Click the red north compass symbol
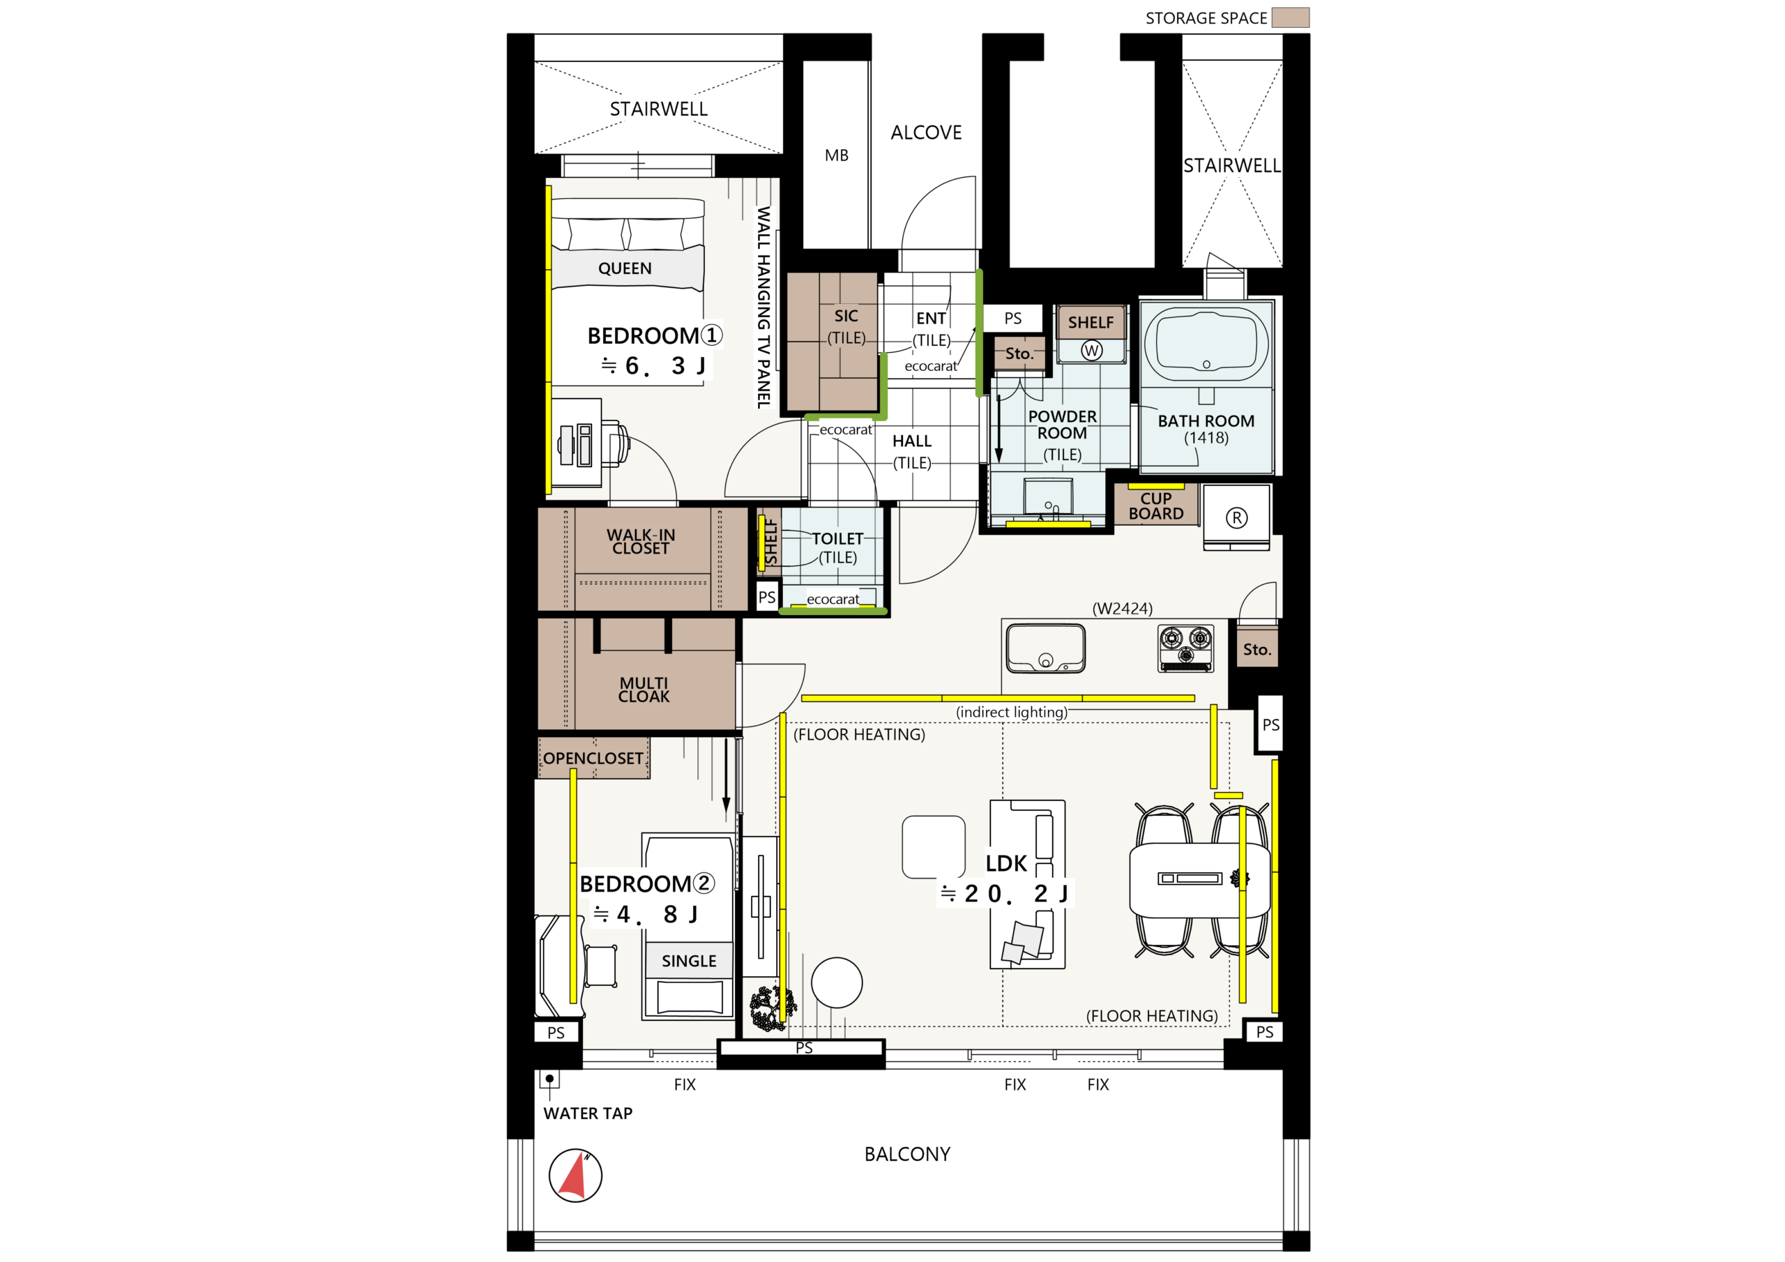(575, 1175)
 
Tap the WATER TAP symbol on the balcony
(549, 1079)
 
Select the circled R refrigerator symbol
(1236, 518)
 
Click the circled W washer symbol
(1091, 351)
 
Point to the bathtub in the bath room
(1206, 345)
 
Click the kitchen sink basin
(1046, 648)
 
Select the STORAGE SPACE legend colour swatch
(1291, 18)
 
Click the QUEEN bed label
(625, 269)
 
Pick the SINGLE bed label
(689, 961)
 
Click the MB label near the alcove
(837, 155)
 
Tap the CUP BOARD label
(1156, 506)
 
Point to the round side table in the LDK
(837, 983)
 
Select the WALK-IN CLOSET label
(641, 542)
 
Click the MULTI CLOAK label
(644, 690)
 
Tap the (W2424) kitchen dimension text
(1123, 609)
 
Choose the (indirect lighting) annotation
(1012, 713)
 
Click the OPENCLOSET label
(593, 759)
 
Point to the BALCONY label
(907, 1155)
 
